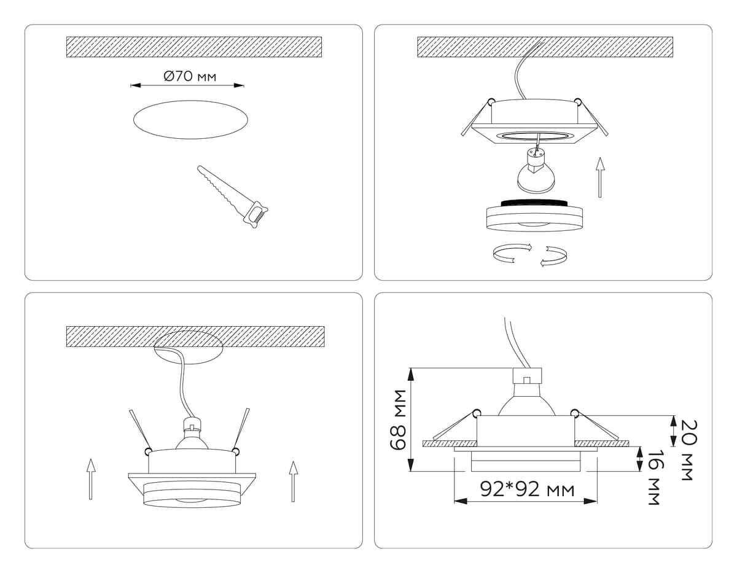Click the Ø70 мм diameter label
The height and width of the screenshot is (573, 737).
tap(190, 77)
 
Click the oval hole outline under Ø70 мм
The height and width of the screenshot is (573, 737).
tap(190, 120)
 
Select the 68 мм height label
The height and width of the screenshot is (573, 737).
tap(398, 420)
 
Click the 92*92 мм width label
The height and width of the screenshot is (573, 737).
tap(528, 489)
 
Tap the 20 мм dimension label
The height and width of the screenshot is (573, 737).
tap(689, 450)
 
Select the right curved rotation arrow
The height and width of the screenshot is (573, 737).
tap(554, 255)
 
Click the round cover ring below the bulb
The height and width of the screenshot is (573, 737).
tap(534, 215)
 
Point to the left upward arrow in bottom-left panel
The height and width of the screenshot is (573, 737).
tap(90, 479)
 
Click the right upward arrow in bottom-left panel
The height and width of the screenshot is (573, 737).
tap(294, 481)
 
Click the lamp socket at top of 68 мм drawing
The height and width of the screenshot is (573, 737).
tap(527, 375)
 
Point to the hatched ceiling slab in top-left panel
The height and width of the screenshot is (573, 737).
tap(194, 47)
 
